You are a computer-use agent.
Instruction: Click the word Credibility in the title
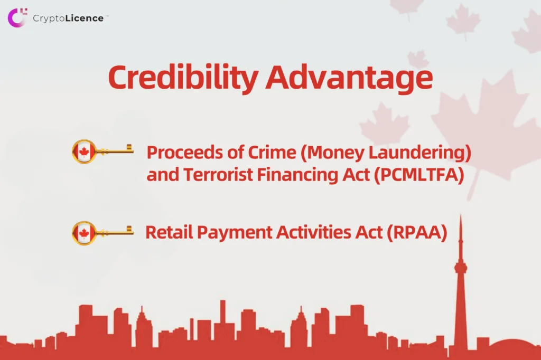point(183,78)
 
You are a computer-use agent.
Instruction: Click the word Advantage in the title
point(350,79)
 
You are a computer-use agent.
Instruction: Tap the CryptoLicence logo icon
point(17,17)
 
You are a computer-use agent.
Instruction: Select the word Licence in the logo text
point(85,18)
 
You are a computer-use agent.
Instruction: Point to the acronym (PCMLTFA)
point(419,175)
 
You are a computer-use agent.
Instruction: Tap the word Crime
point(272,152)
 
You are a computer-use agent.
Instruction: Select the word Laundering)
point(420,153)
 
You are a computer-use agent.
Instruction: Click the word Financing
point(298,175)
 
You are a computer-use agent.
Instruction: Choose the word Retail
point(169,232)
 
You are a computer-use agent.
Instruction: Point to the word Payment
point(235,233)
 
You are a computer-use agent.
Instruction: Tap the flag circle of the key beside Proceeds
point(84,151)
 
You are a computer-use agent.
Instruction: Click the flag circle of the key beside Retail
point(84,233)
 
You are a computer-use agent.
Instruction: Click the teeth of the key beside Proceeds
point(129,148)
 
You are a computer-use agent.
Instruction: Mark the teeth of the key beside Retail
point(129,229)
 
